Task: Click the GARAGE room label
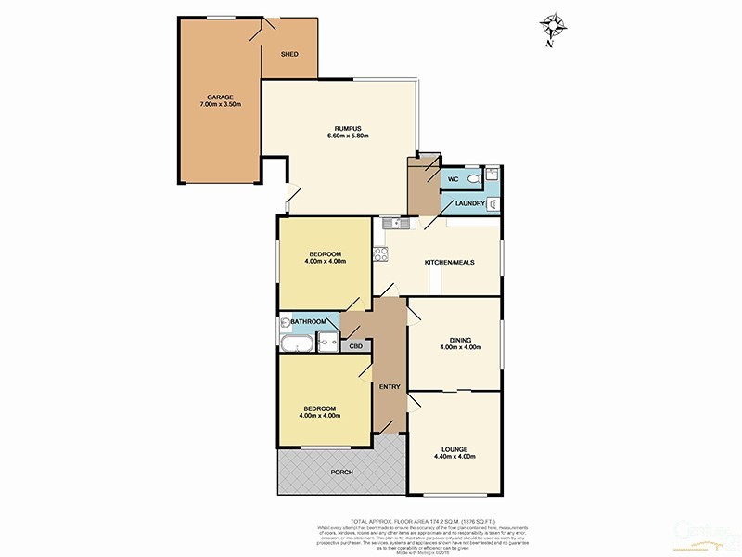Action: (220, 97)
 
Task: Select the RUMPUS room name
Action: (348, 128)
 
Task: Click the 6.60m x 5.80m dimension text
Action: (348, 137)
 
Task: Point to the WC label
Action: (454, 178)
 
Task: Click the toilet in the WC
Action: (474, 177)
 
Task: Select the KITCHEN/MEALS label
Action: (450, 263)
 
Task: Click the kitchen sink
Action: (395, 223)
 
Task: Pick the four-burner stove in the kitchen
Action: (379, 253)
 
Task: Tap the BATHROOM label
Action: (308, 322)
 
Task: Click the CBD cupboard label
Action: (354, 346)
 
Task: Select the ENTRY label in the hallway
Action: (390, 387)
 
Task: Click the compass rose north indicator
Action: (554, 25)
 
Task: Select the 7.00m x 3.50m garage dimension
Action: (220, 105)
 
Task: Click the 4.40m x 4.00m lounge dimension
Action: (454, 457)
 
